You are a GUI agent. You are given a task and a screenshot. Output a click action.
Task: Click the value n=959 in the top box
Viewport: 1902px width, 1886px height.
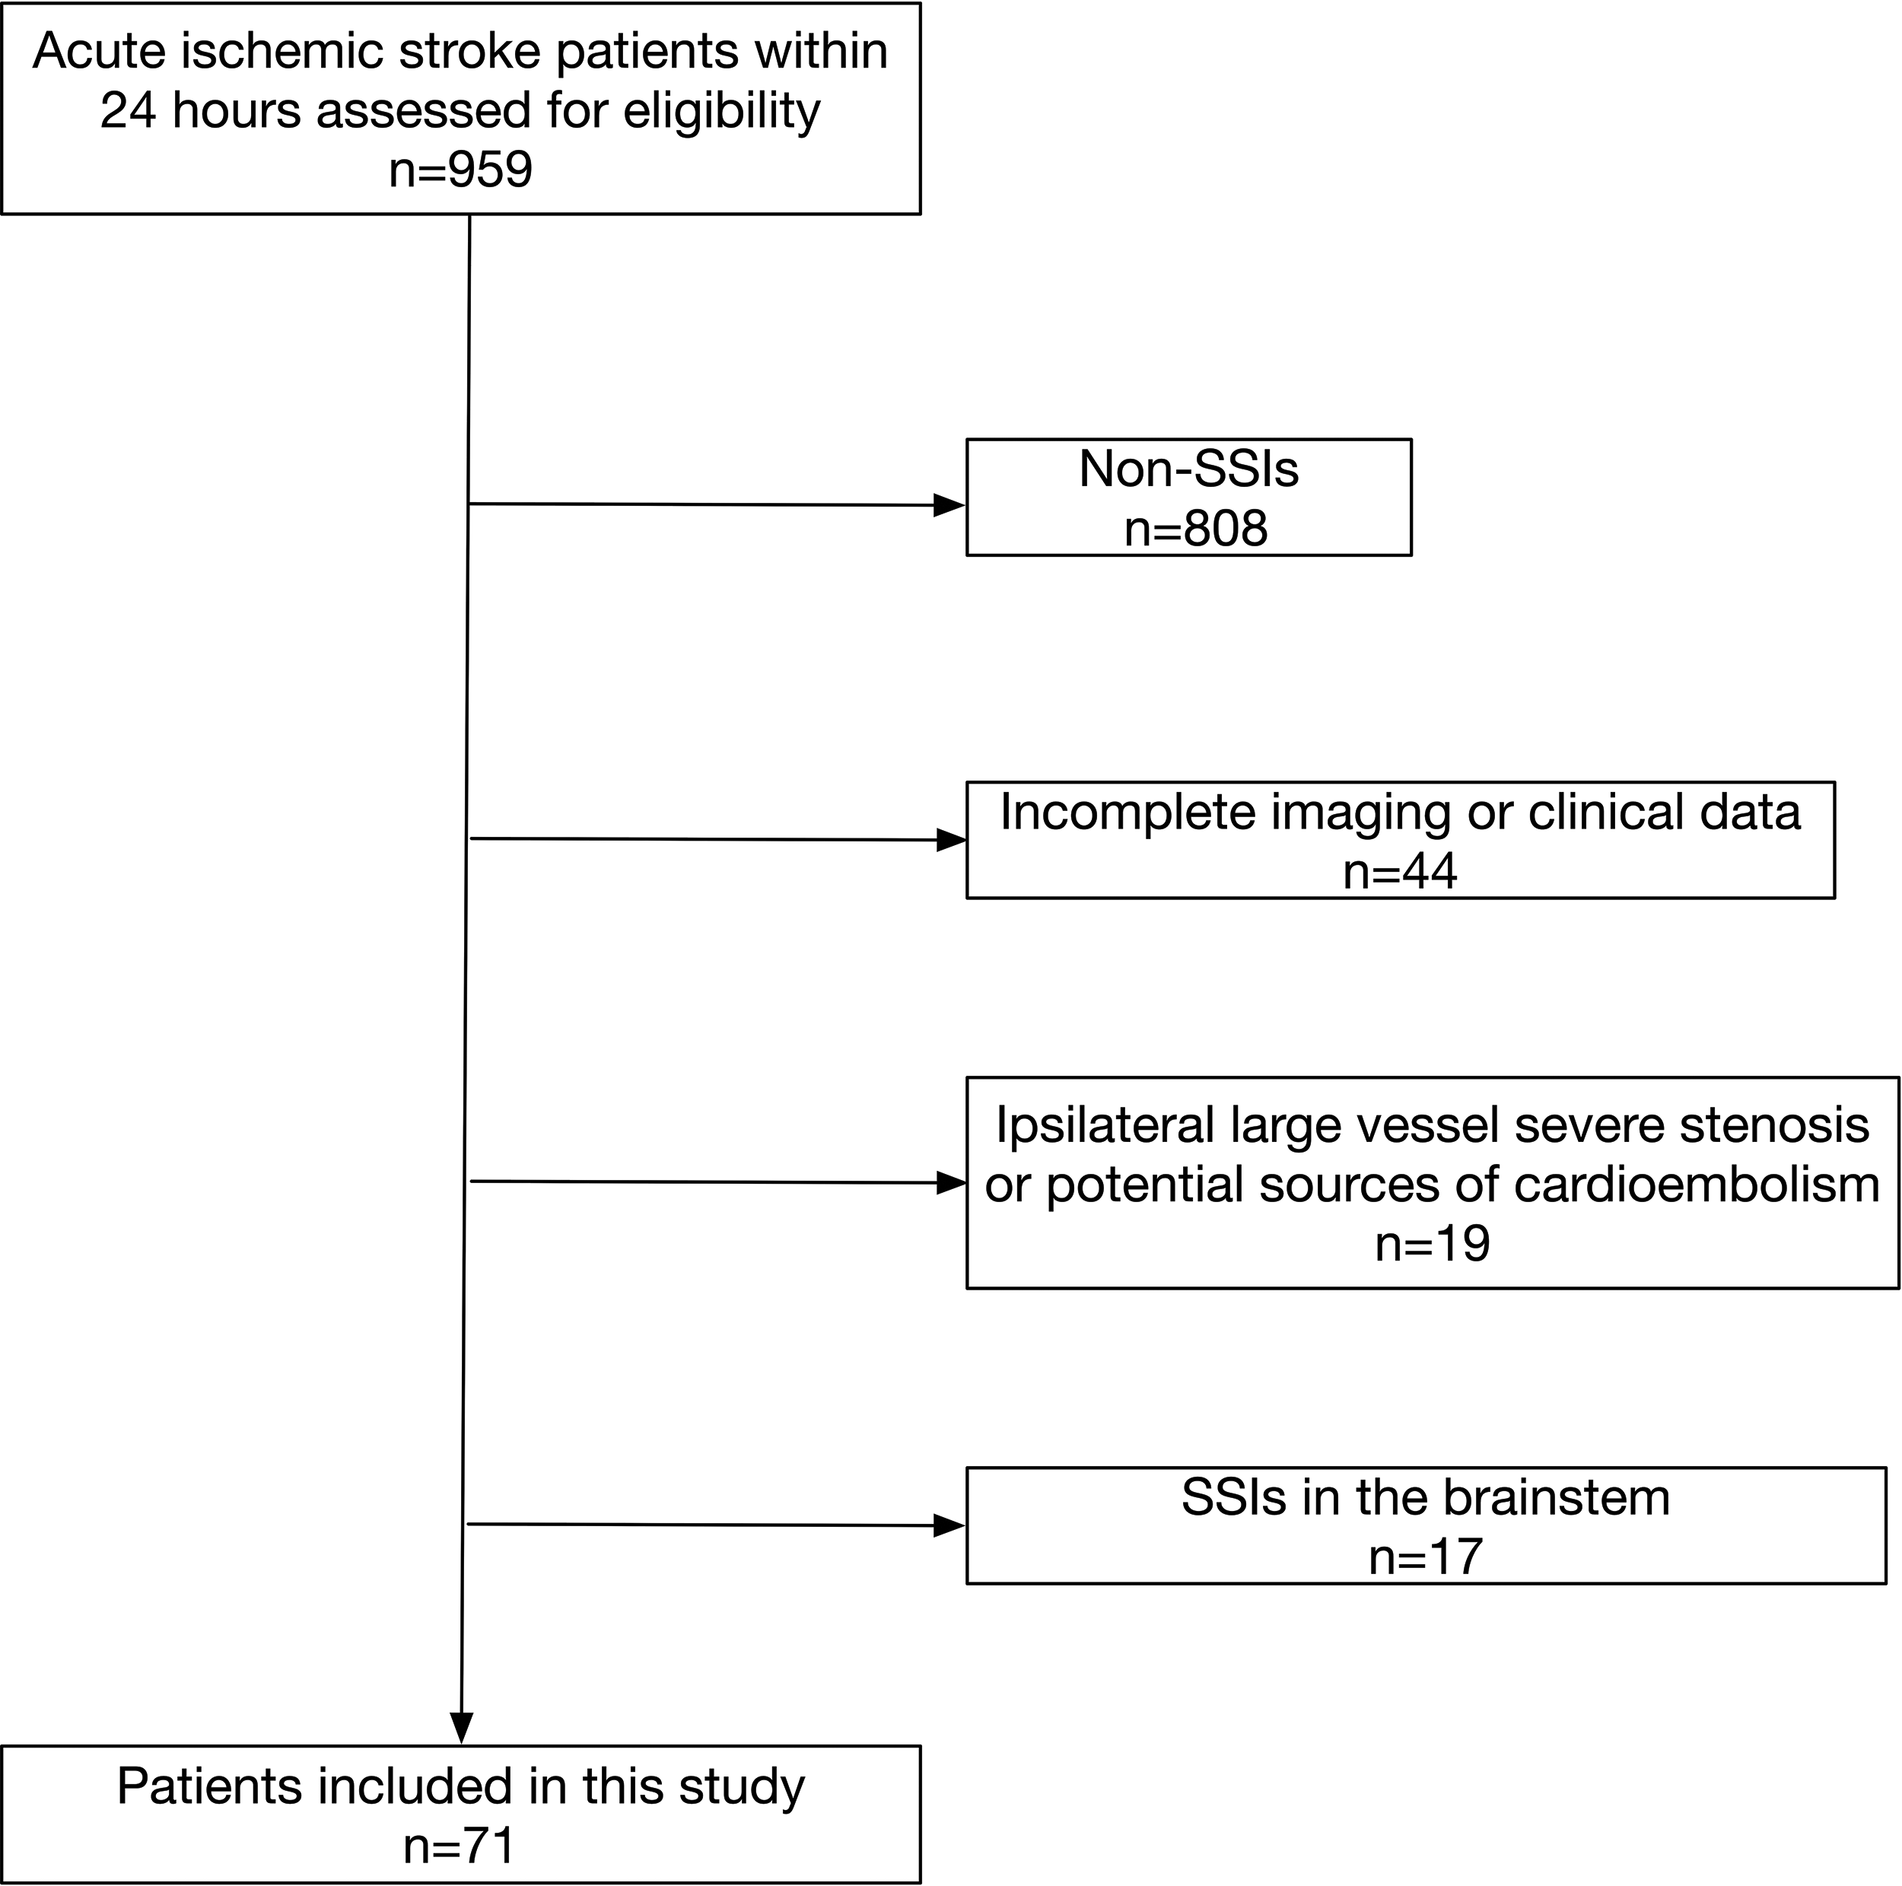click(x=461, y=170)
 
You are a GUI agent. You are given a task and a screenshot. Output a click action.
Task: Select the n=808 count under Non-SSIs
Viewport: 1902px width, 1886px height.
click(x=1195, y=529)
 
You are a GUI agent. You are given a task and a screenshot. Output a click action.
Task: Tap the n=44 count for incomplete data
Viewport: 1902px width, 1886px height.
click(x=1400, y=871)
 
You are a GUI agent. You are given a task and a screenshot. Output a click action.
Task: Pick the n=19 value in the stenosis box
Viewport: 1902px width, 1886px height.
click(x=1433, y=1244)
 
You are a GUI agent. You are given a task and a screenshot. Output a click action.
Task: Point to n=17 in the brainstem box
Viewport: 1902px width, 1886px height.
click(x=1426, y=1557)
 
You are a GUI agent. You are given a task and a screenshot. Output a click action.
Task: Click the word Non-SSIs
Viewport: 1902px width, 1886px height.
click(x=1188, y=469)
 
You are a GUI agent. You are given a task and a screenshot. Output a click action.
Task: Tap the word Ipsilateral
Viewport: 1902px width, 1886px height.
click(x=1104, y=1126)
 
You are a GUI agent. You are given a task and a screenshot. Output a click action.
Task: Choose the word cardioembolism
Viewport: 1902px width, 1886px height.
click(x=1697, y=1184)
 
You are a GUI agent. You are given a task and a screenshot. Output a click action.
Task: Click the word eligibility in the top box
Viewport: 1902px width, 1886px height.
click(x=721, y=110)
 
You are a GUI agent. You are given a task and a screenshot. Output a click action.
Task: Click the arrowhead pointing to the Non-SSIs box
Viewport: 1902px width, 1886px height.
click(x=949, y=506)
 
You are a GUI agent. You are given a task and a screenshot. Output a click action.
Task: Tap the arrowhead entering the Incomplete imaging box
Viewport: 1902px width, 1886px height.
click(x=951, y=841)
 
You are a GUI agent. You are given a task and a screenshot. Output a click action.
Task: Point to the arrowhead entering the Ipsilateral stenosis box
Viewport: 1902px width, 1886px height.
click(x=951, y=1183)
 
